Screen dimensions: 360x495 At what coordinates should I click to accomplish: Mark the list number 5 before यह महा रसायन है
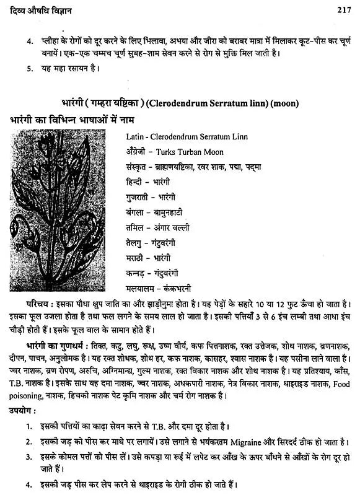pyautogui.click(x=28, y=68)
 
